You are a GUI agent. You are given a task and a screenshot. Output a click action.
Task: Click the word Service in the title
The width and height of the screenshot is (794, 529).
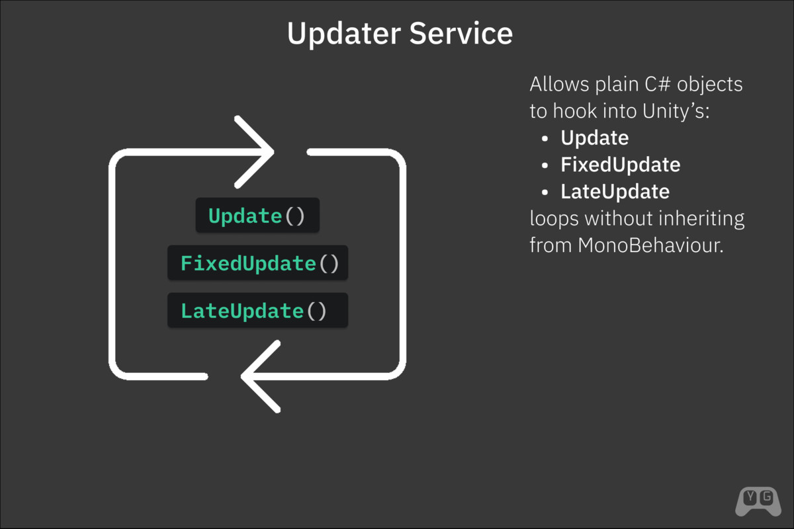(x=461, y=34)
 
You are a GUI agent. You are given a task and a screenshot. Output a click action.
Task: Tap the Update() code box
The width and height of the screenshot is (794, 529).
(x=257, y=216)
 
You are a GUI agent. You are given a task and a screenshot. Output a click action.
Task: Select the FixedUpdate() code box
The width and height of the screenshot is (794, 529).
(x=257, y=263)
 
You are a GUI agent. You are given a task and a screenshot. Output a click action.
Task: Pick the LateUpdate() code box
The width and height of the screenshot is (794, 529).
(x=257, y=311)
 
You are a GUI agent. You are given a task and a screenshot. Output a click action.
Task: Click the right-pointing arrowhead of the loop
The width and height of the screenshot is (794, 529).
(x=255, y=151)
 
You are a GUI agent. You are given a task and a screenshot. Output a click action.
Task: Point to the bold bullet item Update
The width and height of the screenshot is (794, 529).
(x=594, y=138)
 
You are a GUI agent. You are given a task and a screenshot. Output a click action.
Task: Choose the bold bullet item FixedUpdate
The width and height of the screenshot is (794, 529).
(x=620, y=165)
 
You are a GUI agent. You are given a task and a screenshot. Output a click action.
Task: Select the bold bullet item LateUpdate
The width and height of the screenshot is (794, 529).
(x=615, y=192)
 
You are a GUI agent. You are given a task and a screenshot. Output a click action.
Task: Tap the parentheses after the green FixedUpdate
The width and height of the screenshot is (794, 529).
(x=329, y=263)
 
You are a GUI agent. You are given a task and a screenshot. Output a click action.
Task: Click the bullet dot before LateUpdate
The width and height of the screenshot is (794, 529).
(x=545, y=192)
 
